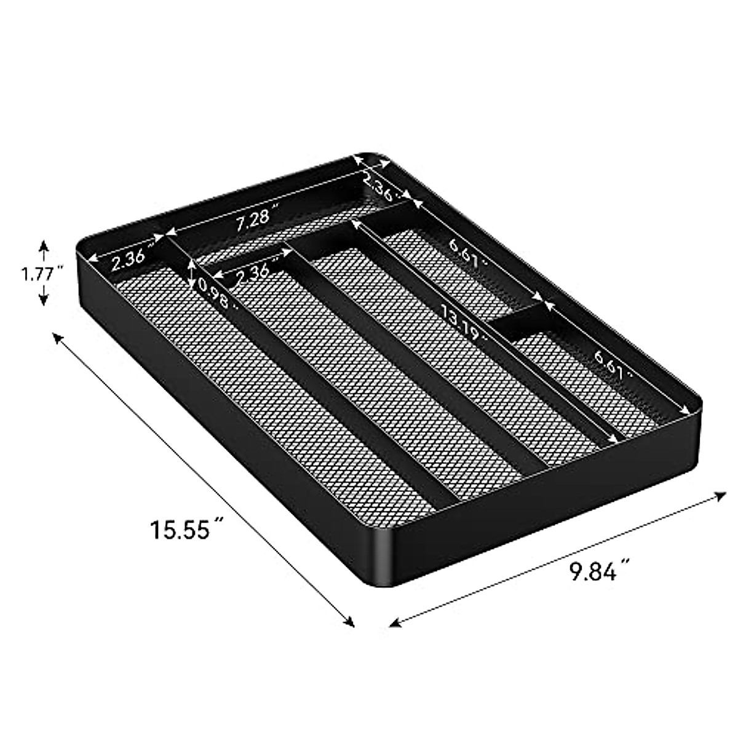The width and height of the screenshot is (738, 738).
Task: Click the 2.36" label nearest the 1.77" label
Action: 128,260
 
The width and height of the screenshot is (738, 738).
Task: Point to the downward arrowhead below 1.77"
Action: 43,301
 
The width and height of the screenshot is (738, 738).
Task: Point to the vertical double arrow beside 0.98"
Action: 192,273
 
